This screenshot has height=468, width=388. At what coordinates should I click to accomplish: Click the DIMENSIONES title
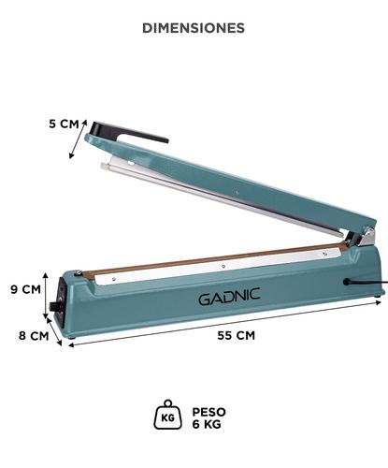coord(194,28)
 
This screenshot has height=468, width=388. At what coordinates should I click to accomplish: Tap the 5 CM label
coord(64,124)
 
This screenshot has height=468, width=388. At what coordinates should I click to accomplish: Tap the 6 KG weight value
coord(209,424)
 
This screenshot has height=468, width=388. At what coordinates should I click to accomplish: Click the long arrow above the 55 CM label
coord(224,324)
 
